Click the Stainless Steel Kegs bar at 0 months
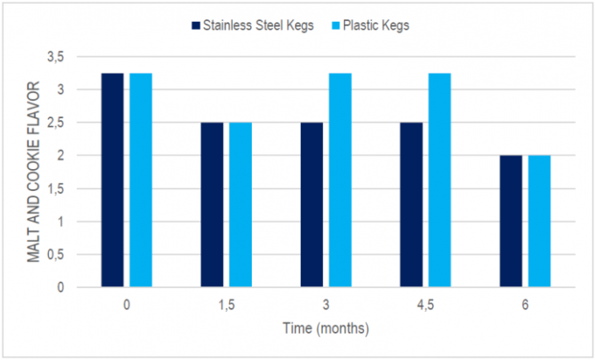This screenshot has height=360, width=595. (112, 180)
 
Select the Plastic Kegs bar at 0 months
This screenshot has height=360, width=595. (141, 180)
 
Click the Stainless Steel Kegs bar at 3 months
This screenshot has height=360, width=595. (312, 204)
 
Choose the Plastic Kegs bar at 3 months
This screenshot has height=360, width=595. (340, 180)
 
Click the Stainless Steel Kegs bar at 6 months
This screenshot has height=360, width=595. (511, 221)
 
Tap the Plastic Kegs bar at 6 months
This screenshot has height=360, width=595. (540, 221)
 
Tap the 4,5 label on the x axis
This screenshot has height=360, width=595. (426, 305)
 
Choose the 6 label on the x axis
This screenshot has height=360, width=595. (525, 305)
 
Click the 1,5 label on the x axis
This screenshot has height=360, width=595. (227, 305)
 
